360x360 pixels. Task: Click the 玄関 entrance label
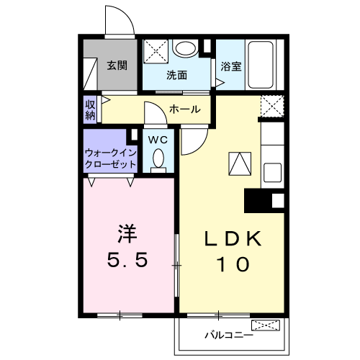[x=117, y=65]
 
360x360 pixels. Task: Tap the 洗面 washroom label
[x=176, y=74]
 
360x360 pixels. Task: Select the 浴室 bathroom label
[x=230, y=65]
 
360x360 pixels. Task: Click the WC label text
[x=158, y=140]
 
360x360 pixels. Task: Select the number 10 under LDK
[x=230, y=264]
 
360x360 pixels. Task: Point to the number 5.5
[x=127, y=258]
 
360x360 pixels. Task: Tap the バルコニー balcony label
[x=228, y=335]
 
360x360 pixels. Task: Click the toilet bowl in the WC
[x=159, y=158]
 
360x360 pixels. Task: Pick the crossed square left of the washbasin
[x=155, y=50]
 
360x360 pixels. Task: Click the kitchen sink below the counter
[x=272, y=174]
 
